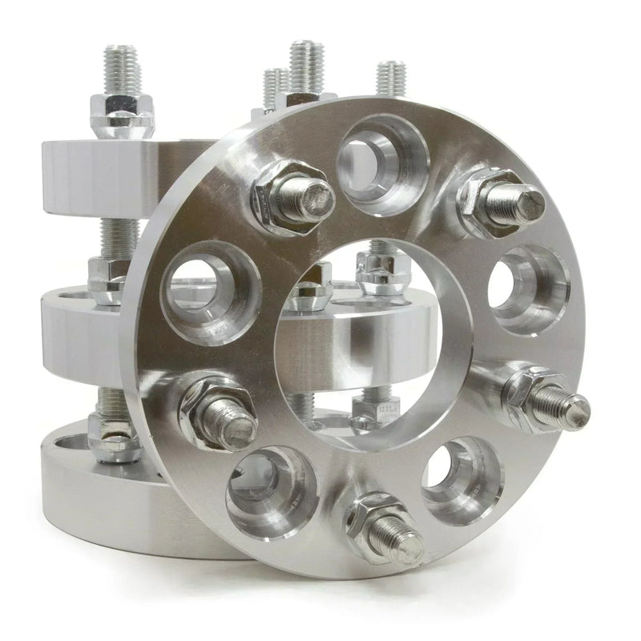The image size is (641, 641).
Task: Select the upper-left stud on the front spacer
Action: pos(296,196)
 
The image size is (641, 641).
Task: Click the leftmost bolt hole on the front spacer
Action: pos(211,293)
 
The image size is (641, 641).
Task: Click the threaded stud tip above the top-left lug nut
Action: pos(119,68)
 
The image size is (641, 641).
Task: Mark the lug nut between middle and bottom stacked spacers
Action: pos(116,437)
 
